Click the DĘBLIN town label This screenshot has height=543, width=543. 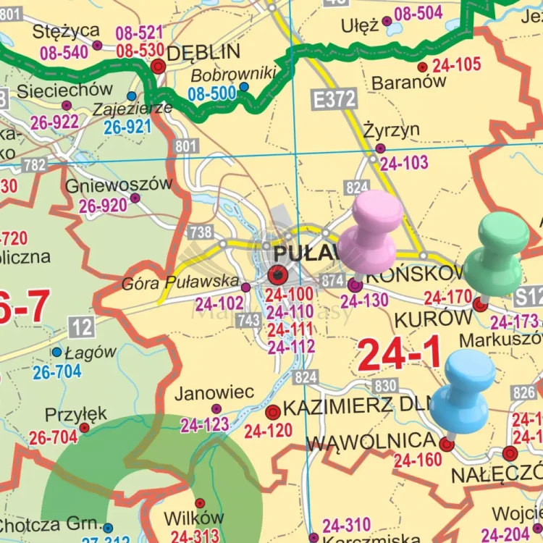coord(203,53)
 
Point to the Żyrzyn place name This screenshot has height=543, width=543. coord(392,130)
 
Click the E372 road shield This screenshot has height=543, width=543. coord(334,101)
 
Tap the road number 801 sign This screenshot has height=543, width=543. coord(186,147)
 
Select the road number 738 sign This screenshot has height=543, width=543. coord(201,232)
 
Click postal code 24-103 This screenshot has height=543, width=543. coord(404,164)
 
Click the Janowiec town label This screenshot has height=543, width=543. coord(214,392)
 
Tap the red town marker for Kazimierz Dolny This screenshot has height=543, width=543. coord(273,413)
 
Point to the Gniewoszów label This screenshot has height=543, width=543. coord(119,184)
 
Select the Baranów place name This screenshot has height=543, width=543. coord(409,82)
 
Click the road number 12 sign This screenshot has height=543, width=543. coord(83,327)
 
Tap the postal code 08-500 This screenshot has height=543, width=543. coord(211,93)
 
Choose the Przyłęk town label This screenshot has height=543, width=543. coord(76,414)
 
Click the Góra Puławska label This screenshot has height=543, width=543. coord(181,281)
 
